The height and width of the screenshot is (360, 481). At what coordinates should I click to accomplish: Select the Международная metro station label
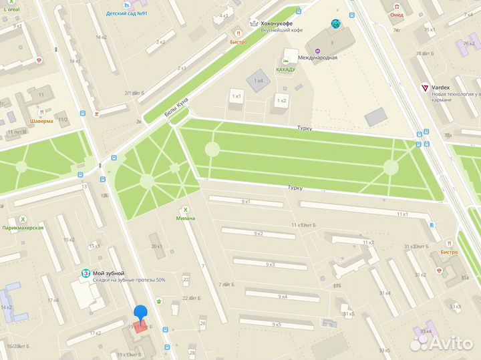[317, 57]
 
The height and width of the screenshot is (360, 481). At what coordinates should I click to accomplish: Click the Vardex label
[441, 87]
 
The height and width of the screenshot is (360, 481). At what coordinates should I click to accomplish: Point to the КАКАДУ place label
[287, 69]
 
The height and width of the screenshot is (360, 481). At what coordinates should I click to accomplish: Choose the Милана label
[186, 218]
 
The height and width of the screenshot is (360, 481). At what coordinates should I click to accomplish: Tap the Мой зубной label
[108, 273]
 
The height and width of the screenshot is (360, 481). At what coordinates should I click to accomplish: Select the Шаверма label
[41, 122]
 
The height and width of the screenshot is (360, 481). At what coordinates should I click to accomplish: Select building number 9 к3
[270, 264]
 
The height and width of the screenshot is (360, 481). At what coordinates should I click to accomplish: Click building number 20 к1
[157, 246]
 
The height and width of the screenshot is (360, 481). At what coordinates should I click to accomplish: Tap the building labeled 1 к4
[257, 81]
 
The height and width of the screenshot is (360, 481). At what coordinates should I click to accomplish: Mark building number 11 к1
[402, 214]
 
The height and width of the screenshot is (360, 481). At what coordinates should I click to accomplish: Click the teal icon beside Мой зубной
[86, 274]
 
